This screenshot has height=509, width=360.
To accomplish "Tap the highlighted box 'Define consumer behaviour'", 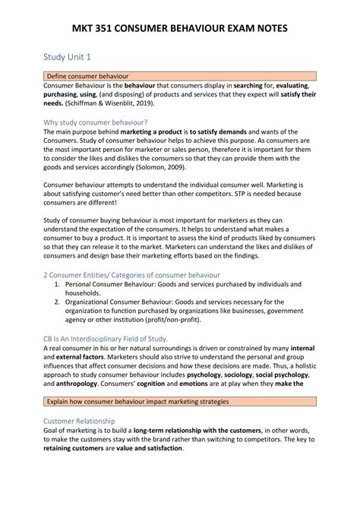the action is (x=88, y=77).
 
